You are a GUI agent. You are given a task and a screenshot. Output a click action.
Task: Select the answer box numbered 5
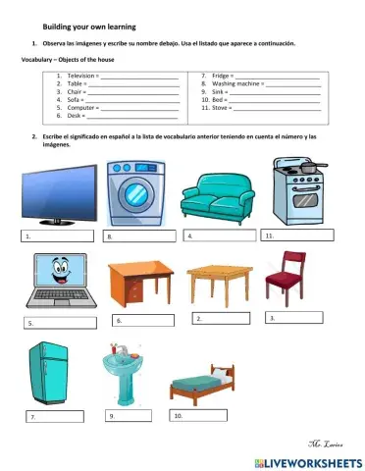61,322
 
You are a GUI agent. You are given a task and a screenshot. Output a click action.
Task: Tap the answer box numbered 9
129,415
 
